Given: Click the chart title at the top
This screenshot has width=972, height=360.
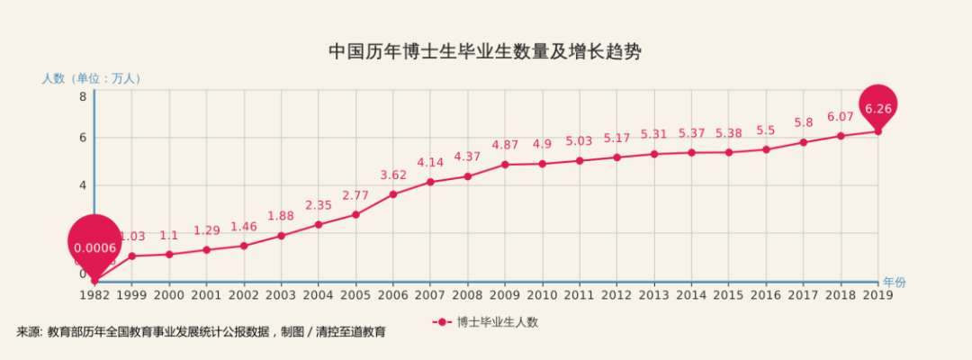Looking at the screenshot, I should [485, 51].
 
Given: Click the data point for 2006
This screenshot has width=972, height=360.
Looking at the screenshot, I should [393, 193].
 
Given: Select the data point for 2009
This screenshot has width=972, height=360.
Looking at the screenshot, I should [505, 165].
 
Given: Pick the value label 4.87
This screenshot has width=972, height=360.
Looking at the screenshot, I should [505, 145].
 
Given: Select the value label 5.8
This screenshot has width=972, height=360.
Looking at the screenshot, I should [804, 122].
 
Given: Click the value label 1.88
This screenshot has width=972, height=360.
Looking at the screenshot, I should [281, 216].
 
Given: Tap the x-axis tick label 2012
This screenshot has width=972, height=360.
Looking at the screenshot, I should [616, 294].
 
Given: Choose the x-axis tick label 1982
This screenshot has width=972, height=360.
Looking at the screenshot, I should [94, 294].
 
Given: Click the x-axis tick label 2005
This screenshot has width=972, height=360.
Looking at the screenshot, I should [355, 294].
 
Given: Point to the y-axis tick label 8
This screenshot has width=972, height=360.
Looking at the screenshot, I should [82, 96].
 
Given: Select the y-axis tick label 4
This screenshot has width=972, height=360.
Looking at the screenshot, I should [82, 185].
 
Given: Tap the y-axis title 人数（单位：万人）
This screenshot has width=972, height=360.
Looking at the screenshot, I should [92, 78].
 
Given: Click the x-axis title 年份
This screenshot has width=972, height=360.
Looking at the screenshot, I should [894, 283].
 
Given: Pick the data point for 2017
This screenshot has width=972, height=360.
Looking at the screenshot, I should [804, 142].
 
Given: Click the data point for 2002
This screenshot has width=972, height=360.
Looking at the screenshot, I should [244, 246].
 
